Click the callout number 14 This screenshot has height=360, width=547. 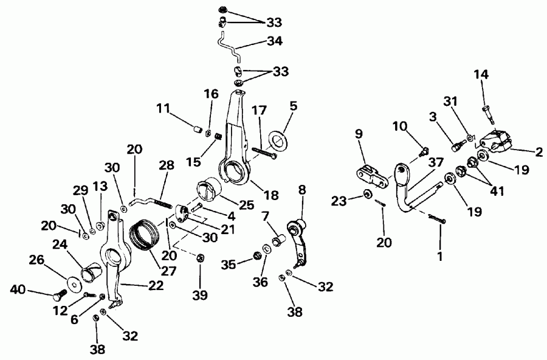[x=481, y=74]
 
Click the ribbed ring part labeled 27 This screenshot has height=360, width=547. [x=145, y=235]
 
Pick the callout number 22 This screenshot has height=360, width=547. [x=156, y=284]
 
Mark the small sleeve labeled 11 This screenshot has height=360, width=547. [x=196, y=129]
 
